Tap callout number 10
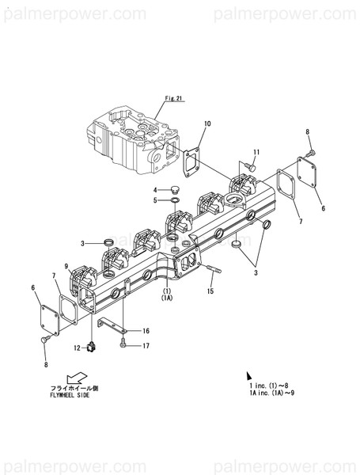(x=207, y=123)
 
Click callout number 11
(x=256, y=152)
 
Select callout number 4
(x=156, y=189)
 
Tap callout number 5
(x=156, y=199)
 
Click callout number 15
(x=210, y=292)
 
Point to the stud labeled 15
(x=215, y=276)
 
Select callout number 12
(x=79, y=348)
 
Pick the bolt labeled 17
(x=124, y=343)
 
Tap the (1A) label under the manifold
(x=167, y=298)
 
